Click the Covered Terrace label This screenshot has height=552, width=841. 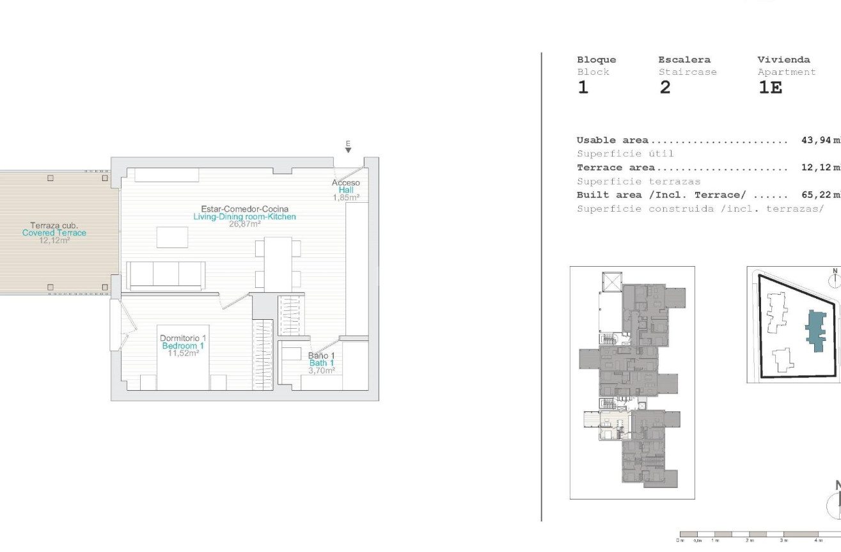coord(54,233)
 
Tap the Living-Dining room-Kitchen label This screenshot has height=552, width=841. coord(244,217)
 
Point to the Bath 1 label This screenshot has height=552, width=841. coord(322,363)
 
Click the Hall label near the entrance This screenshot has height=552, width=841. coord(349,190)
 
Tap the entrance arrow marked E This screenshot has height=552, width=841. coord(348,149)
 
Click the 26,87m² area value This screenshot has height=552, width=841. coord(244,225)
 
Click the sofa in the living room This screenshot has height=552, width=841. coord(166,275)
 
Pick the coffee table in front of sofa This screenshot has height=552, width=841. coord(173,237)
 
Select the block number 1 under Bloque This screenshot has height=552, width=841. coord(583,88)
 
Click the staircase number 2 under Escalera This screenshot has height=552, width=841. coord(665,88)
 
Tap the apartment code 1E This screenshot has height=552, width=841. coord(770,88)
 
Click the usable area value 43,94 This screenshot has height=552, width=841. coord(816,140)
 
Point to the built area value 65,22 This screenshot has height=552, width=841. coord(816,195)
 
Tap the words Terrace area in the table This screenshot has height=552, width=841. coord(615,168)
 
